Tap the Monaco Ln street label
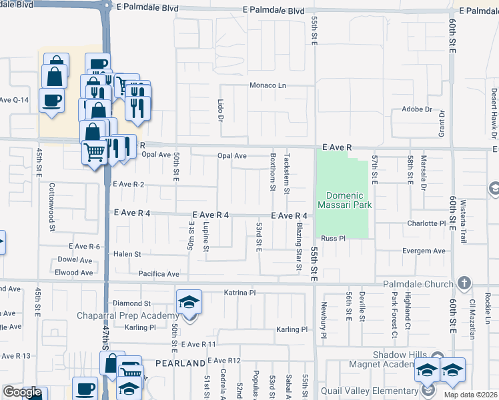pyautogui.click(x=268, y=85)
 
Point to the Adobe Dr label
pyautogui.click(x=417, y=109)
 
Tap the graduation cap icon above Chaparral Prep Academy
pyautogui.click(x=189, y=302)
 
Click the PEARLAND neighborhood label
pyautogui.click(x=181, y=363)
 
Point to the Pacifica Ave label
pyautogui.click(x=159, y=273)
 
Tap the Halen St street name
pyautogui.click(x=127, y=254)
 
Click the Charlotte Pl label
pyautogui.click(x=426, y=224)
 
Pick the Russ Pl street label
pyautogui.click(x=332, y=238)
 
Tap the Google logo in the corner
pyautogui.click(x=22, y=392)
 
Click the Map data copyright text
pyautogui.click(x=470, y=395)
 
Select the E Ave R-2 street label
pyautogui.click(x=128, y=184)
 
